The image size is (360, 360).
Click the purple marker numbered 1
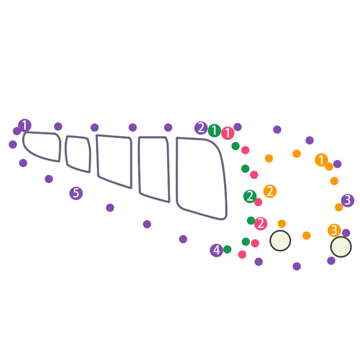[x=25, y=125]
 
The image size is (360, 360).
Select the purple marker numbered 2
[x=201, y=128]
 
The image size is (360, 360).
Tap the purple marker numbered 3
[x=348, y=201]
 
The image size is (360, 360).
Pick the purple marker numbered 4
[x=217, y=250]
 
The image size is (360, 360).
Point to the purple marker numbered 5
[x=76, y=193]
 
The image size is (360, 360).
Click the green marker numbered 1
[x=214, y=131]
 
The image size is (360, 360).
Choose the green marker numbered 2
[x=250, y=196]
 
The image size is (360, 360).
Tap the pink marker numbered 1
[x=228, y=133]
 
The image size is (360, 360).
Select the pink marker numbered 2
[x=261, y=224]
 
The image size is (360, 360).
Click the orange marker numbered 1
[x=321, y=160]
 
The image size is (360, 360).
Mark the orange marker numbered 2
[x=270, y=191]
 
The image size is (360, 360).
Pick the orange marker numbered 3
[x=334, y=230]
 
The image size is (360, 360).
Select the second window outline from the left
[x=78, y=153]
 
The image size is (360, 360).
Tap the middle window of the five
[x=114, y=160]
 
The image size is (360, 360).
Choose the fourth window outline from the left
[x=154, y=168]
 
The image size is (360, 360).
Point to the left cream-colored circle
[x=280, y=241]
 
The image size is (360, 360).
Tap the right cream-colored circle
[x=341, y=247]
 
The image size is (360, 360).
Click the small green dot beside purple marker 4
[x=227, y=249]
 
